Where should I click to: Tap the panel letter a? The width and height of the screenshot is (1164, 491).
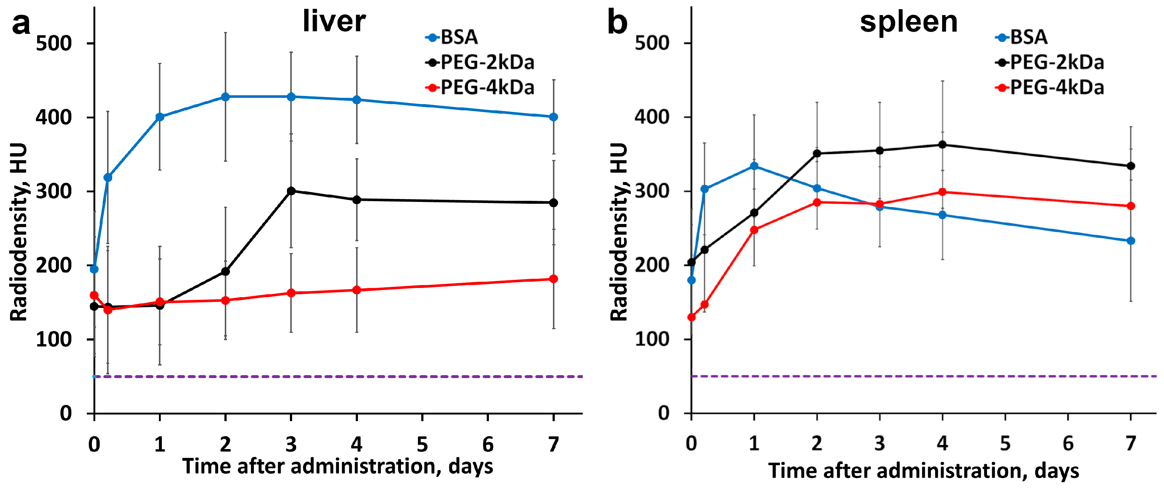21,24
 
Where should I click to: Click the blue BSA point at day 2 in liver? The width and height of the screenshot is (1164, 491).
226,97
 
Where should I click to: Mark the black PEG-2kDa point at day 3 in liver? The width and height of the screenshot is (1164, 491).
291,191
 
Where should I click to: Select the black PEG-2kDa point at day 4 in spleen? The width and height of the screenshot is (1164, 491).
942,145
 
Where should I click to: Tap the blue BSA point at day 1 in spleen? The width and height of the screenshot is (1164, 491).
754,166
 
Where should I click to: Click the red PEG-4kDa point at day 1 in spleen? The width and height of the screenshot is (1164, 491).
754,230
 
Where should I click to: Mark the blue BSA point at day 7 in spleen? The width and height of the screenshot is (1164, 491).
1131,241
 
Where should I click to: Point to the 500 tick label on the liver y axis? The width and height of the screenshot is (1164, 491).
54,43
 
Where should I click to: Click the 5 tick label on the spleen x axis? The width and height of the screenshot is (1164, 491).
1005,444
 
